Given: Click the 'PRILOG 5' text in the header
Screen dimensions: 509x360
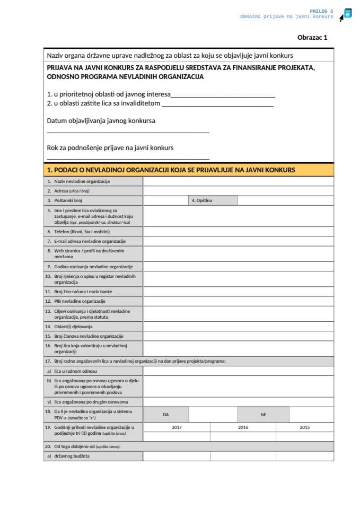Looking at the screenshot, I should tap(322, 11).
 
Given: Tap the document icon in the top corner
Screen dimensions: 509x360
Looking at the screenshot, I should tap(347, 14).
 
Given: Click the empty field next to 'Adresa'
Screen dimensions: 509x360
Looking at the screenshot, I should tap(239, 191).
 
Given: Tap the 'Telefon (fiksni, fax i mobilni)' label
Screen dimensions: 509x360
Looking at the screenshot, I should tap(82, 232).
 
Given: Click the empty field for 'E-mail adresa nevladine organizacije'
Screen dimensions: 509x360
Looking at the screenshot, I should tap(239, 241).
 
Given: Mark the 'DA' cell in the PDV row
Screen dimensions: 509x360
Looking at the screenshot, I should tap(166, 415).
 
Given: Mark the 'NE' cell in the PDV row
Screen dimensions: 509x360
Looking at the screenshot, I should tap(264, 415).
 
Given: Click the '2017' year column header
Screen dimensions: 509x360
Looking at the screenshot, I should tap(177, 427).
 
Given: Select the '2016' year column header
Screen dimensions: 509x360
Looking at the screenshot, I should tap(243, 427).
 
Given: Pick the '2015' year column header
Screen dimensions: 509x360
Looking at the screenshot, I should tap(305, 427).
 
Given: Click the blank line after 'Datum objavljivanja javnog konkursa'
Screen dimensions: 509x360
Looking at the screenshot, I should tap(128, 130).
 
